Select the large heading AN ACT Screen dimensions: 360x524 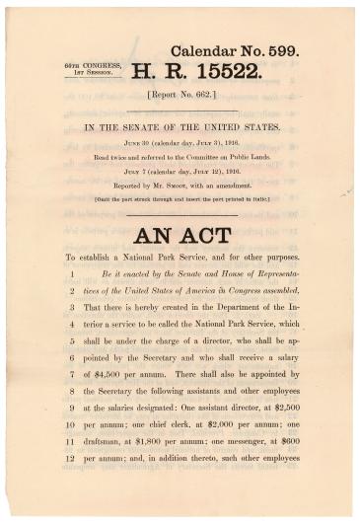(181, 236)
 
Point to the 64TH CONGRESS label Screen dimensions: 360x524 (87, 65)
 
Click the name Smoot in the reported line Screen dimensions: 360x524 (174, 186)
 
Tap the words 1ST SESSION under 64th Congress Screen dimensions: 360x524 (86, 73)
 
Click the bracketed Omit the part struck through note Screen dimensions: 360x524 (180, 198)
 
